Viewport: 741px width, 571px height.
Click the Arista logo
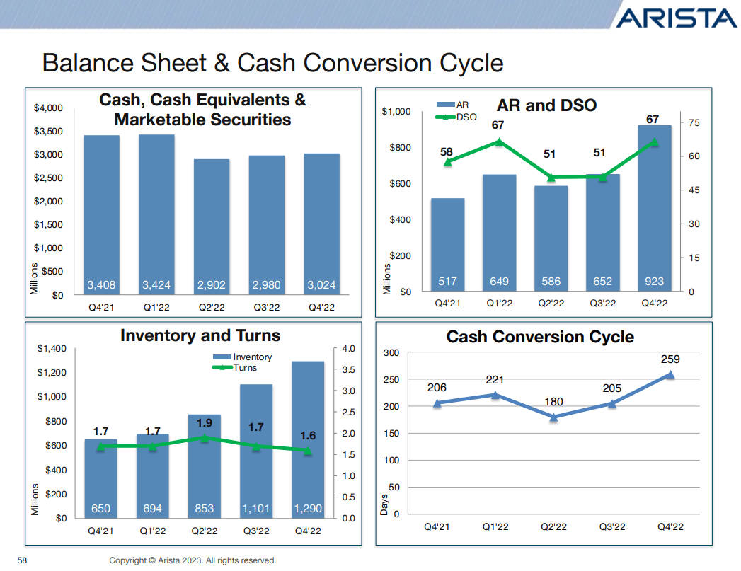pos(675,18)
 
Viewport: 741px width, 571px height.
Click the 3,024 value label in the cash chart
pos(322,286)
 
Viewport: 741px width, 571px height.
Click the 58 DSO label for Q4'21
pos(447,152)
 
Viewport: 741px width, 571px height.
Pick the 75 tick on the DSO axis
pos(694,123)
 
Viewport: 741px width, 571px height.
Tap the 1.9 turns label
pos(205,423)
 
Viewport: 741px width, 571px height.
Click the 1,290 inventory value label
pos(308,508)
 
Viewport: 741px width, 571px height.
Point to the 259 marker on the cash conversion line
pos(670,376)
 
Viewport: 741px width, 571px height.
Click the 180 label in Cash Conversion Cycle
pos(553,402)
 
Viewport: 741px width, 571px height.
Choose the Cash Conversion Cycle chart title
pos(540,337)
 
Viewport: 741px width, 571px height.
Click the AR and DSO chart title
pos(546,105)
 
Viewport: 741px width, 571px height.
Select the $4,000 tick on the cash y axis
pos(49,108)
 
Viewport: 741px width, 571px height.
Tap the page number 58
pos(22,560)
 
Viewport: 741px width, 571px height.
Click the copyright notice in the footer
pos(193,560)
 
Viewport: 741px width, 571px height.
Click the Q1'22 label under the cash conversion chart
pos(495,527)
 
